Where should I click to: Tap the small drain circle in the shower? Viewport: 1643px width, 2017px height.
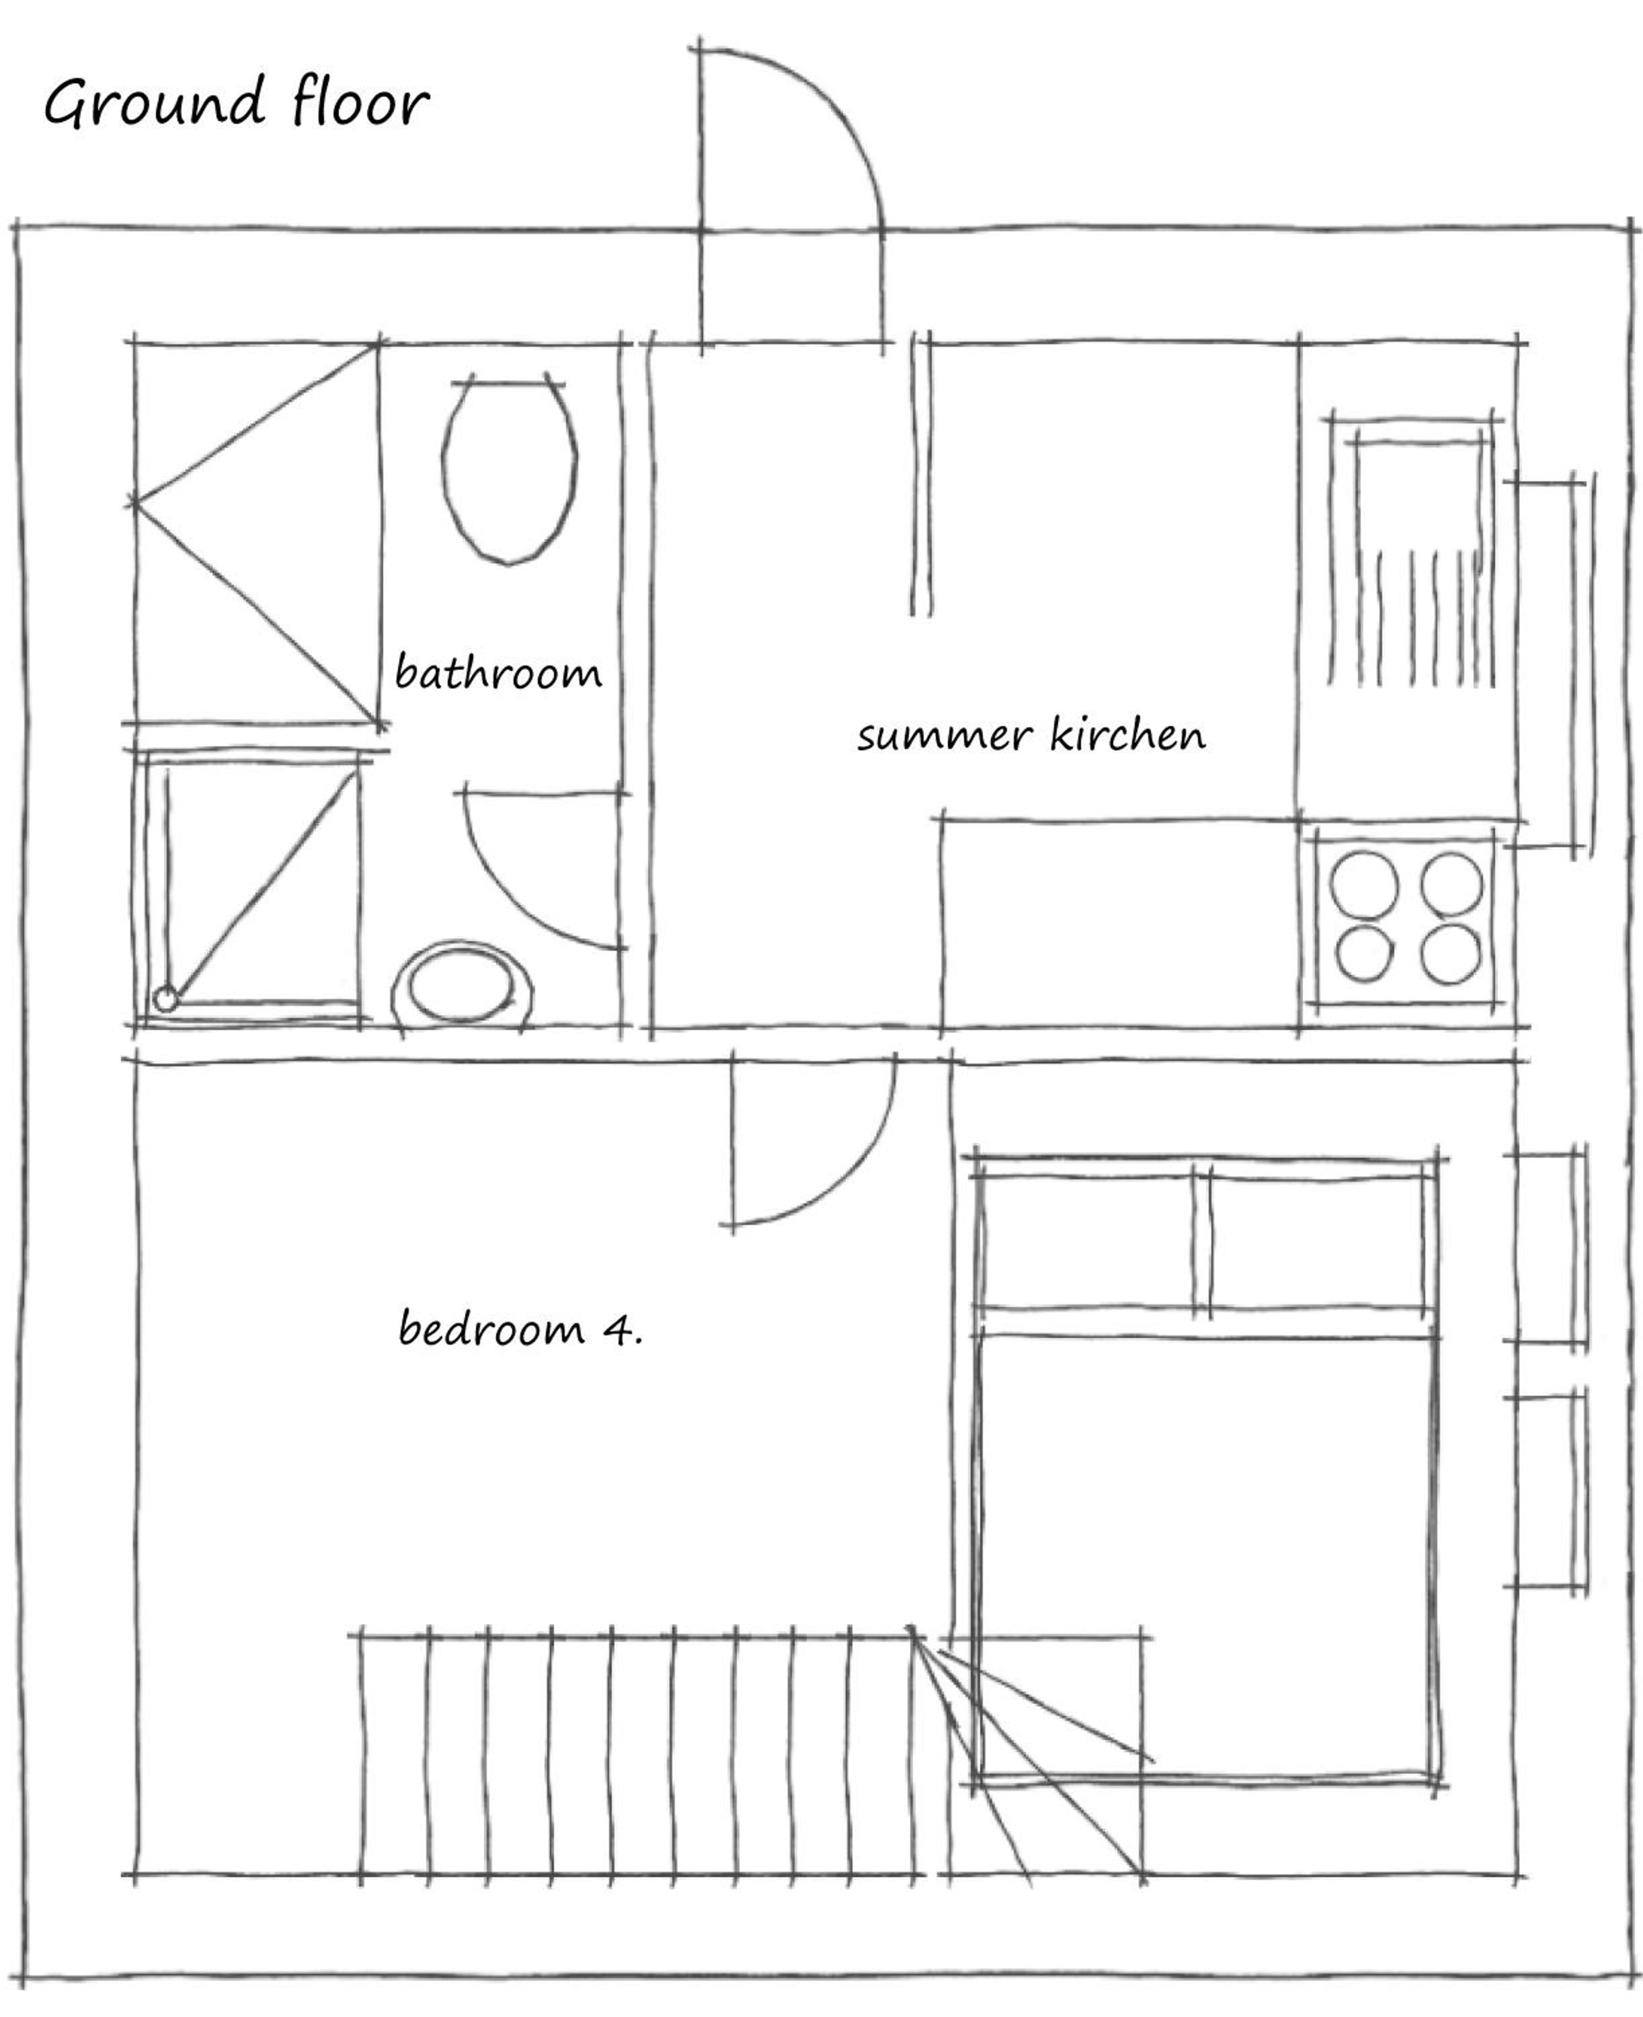165,998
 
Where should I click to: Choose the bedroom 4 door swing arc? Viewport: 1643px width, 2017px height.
852,1183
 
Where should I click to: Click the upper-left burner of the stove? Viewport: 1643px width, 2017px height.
1364,885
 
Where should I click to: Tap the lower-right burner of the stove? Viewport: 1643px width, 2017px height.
1451,953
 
